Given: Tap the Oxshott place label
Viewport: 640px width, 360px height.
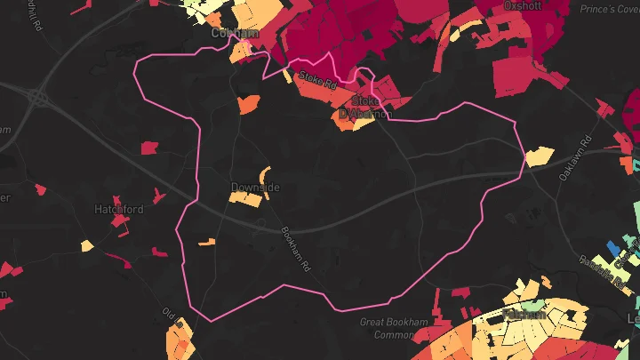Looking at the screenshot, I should (522, 5).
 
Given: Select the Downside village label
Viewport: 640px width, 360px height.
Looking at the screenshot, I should (255, 188).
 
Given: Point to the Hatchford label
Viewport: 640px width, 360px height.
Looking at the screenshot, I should (119, 209).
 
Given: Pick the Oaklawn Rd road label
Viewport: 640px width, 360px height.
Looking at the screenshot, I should (574, 160).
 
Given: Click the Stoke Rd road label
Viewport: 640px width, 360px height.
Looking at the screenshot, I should (318, 81).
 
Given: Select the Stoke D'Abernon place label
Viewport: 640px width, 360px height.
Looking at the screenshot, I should (364, 107).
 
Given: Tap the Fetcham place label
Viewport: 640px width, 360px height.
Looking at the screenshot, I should (524, 314).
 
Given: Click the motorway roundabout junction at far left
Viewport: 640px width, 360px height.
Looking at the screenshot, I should (38, 96).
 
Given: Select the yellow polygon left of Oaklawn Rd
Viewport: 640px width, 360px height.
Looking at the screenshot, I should (539, 157).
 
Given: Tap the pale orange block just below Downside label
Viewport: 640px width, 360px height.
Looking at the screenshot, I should (247, 200).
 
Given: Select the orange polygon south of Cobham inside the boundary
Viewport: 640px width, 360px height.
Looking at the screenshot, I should (248, 103).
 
